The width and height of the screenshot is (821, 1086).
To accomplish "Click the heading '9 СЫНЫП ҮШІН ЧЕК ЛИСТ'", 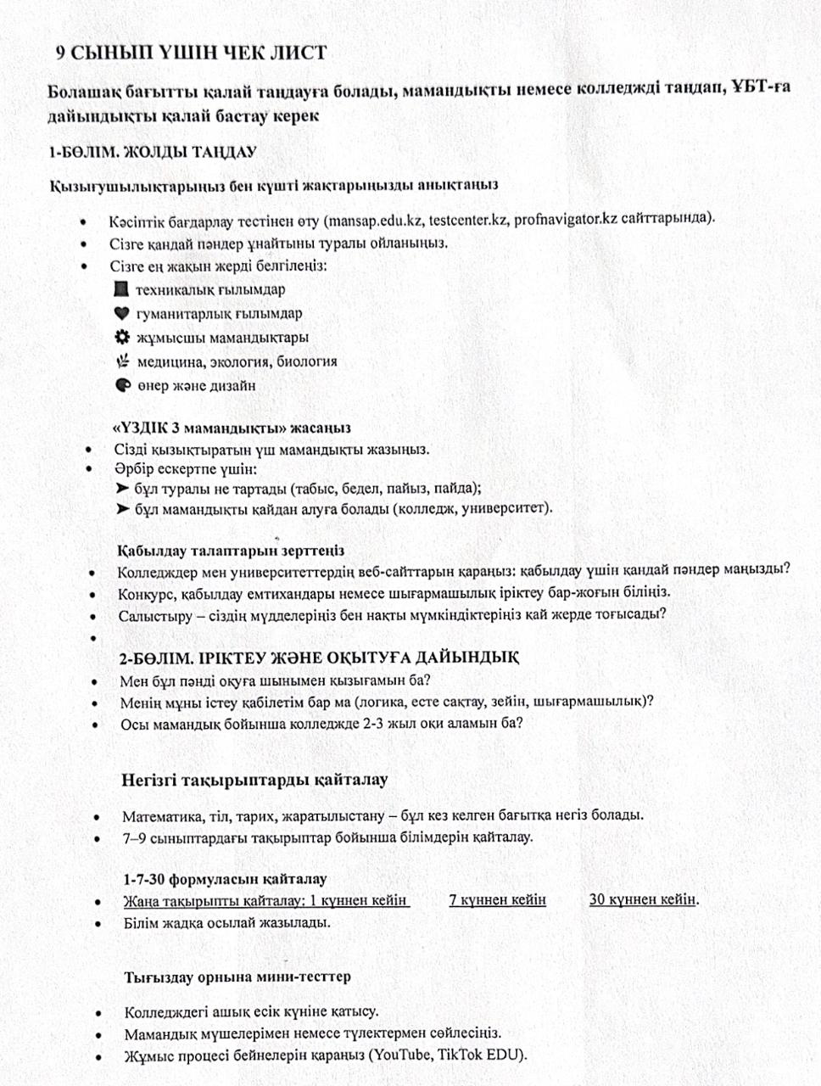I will click(x=191, y=53).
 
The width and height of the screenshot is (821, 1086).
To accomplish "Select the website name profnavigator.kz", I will click(x=566, y=218).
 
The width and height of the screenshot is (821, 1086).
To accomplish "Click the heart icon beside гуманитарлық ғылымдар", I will click(x=122, y=313).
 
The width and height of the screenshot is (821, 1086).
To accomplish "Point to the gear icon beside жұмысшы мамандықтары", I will click(x=123, y=337).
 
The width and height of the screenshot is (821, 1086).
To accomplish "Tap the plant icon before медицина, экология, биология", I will click(x=123, y=361).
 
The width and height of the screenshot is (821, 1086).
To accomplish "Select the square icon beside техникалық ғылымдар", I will click(x=121, y=289).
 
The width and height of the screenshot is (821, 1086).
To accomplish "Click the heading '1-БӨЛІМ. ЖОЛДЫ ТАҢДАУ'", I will click(x=153, y=153).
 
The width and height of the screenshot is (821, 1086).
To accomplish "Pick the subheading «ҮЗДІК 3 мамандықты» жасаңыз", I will click(x=232, y=428).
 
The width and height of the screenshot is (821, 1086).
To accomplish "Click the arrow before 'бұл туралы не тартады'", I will click(x=123, y=489).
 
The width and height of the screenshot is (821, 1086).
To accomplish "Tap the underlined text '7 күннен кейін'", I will click(x=497, y=900).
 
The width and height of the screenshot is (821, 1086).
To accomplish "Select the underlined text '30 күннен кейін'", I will click(x=643, y=899).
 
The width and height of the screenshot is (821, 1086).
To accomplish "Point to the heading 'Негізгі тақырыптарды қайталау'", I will click(x=254, y=779).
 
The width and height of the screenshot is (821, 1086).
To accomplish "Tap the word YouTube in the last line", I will click(x=400, y=1055).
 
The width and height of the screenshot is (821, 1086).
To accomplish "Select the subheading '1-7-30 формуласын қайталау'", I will click(x=225, y=879).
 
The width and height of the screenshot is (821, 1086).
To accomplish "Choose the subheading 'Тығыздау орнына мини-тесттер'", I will click(x=237, y=977).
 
